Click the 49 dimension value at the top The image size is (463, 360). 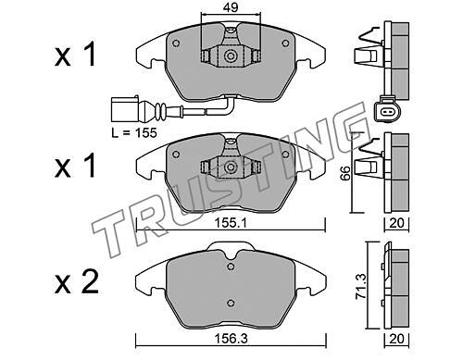(x=231, y=7)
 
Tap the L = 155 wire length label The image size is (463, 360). (x=134, y=133)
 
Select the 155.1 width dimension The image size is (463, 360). (x=231, y=223)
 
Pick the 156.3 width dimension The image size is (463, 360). (x=231, y=339)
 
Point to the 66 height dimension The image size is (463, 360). (x=345, y=173)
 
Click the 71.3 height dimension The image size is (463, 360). (x=361, y=286)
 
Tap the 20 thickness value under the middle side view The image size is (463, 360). (x=396, y=223)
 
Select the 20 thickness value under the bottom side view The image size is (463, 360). (x=396, y=339)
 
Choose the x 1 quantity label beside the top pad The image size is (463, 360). (x=75, y=56)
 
